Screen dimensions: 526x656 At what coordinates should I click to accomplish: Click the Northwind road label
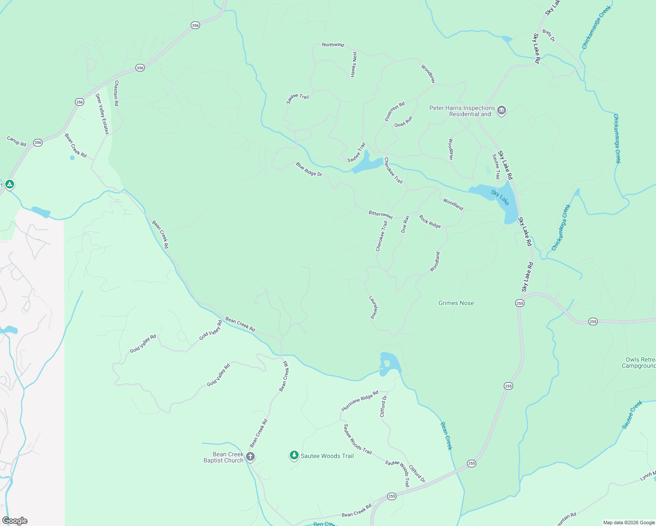[333, 45]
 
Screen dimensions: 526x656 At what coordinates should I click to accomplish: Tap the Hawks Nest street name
[353, 64]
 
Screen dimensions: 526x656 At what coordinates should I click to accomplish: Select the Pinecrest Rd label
[395, 111]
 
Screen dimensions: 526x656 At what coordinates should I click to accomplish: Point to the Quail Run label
[403, 121]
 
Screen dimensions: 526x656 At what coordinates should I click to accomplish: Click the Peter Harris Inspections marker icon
[502, 111]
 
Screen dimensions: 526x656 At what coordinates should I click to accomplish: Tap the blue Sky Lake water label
[500, 198]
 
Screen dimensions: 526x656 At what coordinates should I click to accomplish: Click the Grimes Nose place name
[456, 303]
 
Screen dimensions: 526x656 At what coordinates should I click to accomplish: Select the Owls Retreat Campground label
[639, 363]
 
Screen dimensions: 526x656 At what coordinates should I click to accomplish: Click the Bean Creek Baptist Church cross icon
[250, 457]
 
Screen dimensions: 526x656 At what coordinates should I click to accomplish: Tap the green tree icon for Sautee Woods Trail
[294, 456]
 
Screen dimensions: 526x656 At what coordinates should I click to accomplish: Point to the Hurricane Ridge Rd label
[360, 401]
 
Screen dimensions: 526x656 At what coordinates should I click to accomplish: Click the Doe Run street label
[405, 224]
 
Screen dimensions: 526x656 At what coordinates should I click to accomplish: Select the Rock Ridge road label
[430, 221]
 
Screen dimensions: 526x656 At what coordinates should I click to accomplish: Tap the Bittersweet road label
[381, 214]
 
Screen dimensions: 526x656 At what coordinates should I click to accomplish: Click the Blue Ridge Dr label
[309, 169]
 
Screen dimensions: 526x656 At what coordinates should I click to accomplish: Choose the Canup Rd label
[17, 141]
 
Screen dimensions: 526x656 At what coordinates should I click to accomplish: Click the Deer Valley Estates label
[102, 114]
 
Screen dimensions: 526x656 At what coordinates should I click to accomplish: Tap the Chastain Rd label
[116, 93]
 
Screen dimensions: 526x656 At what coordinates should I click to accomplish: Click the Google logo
[14, 521]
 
